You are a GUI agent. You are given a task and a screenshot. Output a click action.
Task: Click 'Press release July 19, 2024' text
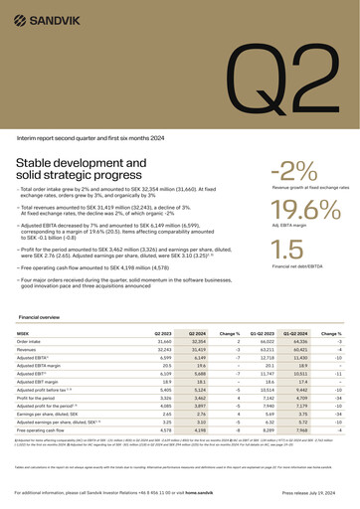(x=310, y=492)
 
